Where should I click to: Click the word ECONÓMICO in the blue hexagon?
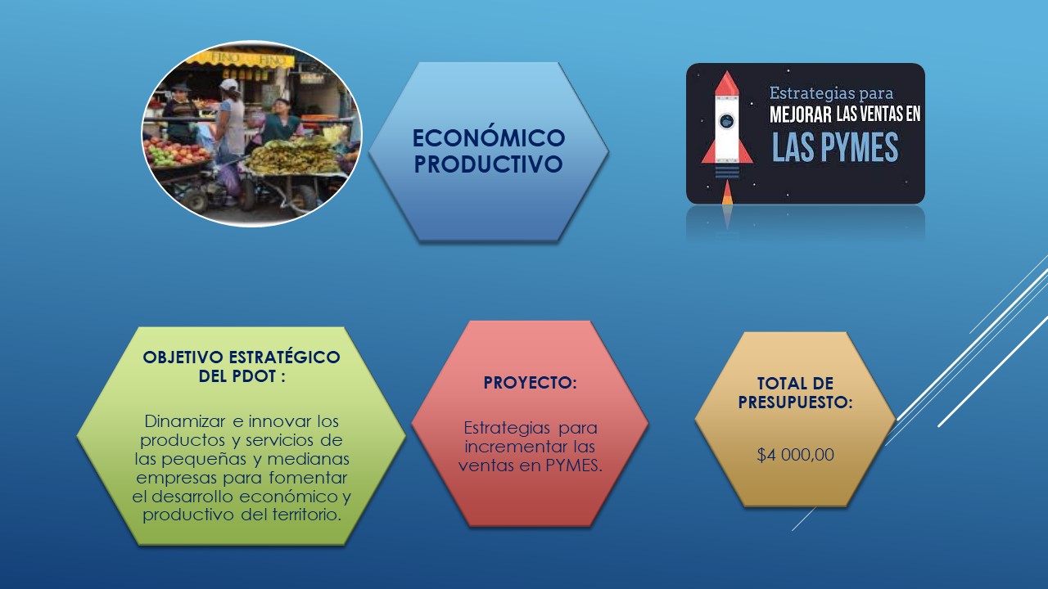pos(489,138)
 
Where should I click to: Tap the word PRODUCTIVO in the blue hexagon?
pos(489,164)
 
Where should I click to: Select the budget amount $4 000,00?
pos(795,455)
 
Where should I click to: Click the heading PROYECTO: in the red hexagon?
pos(530,383)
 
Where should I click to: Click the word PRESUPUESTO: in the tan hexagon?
pos(795,402)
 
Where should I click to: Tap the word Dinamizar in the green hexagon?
pos(186,421)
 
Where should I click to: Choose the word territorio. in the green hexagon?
pos(306,515)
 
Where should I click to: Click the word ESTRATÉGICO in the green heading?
pos(284,357)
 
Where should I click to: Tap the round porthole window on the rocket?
pos(726,121)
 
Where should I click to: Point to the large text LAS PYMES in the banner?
pos(835,147)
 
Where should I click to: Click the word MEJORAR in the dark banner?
pos(801,115)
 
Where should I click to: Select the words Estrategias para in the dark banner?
pos(831,93)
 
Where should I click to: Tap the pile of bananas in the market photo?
pos(292,156)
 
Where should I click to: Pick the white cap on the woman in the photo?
pos(228,84)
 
